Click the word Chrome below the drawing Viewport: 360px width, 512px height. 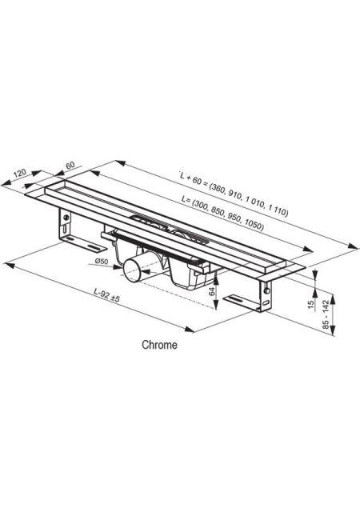(x=159, y=345)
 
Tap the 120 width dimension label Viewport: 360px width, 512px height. (x=20, y=173)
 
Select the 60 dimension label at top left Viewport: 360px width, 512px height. (x=70, y=166)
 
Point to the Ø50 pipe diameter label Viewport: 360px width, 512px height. (x=102, y=261)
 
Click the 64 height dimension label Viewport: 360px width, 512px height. (x=213, y=291)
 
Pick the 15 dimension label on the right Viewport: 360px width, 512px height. (x=311, y=303)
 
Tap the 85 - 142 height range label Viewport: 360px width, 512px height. (x=326, y=316)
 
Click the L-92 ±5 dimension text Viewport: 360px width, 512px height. (x=107, y=294)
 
